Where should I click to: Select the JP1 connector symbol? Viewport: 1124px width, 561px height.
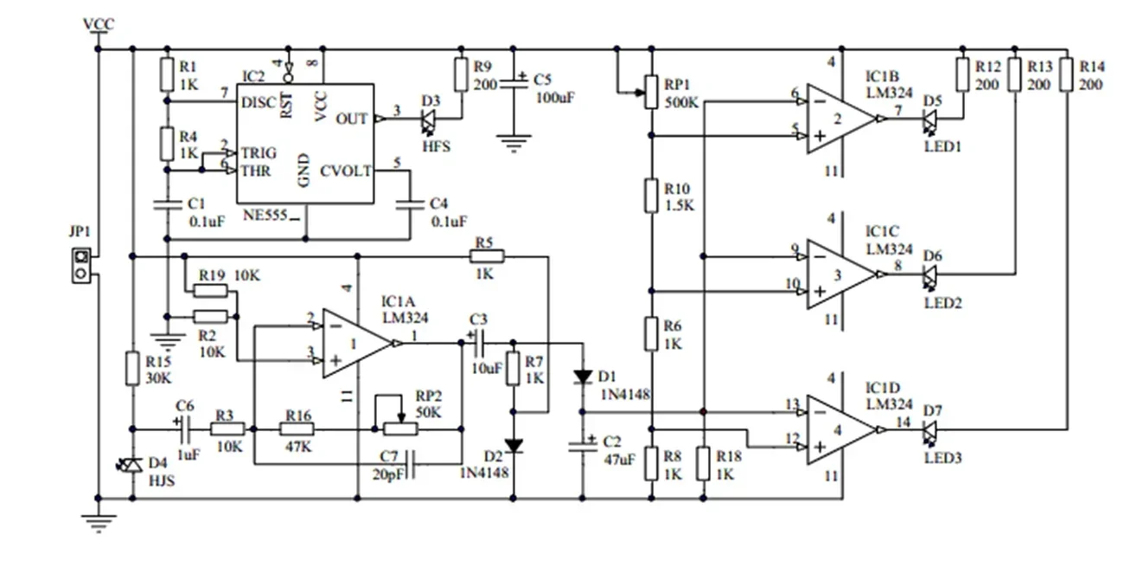click(80, 265)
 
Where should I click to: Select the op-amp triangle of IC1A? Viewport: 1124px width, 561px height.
click(354, 344)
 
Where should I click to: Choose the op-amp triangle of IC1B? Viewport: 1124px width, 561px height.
click(840, 119)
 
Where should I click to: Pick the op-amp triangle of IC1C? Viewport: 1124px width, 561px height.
click(840, 274)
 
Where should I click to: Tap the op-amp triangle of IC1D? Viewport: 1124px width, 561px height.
click(840, 429)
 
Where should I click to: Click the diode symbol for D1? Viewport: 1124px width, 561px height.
click(583, 377)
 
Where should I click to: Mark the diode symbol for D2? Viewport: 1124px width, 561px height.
click(514, 446)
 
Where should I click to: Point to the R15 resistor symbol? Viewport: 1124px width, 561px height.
click(131, 368)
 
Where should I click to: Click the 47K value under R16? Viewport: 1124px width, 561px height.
click(297, 448)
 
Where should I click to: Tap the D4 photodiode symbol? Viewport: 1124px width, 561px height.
click(131, 466)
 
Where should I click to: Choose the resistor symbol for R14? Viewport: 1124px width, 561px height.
click(1068, 74)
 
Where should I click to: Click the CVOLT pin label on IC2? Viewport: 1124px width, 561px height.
click(346, 171)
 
